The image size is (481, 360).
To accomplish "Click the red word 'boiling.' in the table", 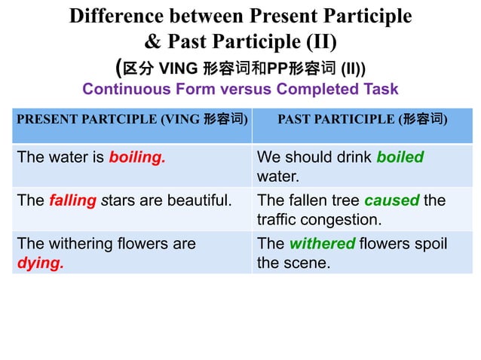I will (137, 158).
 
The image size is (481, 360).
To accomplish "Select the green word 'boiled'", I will (400, 157).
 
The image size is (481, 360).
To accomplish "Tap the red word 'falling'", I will (73, 201).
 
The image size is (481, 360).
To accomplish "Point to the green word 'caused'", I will (391, 201).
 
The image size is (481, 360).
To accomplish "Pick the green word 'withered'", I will (322, 244).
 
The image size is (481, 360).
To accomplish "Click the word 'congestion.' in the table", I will (345, 220).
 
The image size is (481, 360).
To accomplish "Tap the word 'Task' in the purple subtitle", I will (381, 89).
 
